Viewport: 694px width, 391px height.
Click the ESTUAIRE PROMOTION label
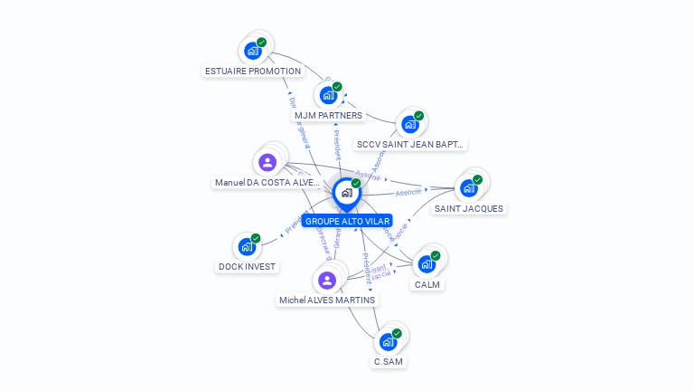tap(252, 71)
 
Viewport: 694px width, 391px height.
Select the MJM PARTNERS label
tap(328, 115)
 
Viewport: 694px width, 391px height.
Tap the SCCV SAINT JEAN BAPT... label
tap(411, 144)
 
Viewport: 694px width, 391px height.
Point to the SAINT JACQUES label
tap(469, 208)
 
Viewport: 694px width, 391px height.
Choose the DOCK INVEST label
tap(247, 266)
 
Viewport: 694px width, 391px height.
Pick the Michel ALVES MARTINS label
tap(327, 300)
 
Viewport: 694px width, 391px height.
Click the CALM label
tap(427, 285)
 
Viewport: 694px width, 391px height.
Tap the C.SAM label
tap(389, 361)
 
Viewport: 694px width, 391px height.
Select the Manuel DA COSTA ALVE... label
tap(267, 182)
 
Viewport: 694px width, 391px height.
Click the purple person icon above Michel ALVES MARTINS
tap(327, 280)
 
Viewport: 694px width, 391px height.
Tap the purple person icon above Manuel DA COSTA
tap(267, 163)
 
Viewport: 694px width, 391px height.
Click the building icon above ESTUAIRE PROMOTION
tap(252, 51)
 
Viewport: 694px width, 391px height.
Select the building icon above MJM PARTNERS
tap(328, 94)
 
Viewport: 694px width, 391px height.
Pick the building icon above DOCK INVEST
tap(246, 246)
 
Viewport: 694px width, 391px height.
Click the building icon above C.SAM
tap(388, 341)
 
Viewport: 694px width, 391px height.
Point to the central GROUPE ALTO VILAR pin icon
tap(346, 193)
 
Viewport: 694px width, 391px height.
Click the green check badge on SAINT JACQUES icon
tap(477, 179)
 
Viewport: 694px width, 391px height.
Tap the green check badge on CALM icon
tap(435, 256)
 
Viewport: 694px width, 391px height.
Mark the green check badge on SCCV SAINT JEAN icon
tap(420, 116)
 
